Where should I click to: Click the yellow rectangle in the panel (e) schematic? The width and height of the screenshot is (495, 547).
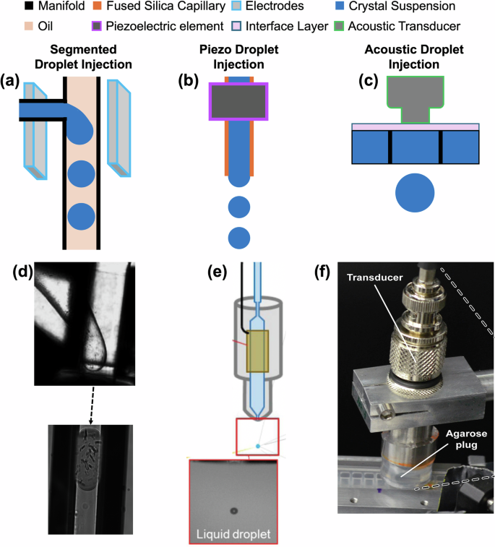(258, 351)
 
